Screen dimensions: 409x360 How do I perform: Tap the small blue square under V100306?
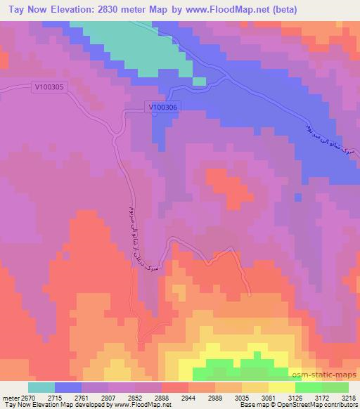point(155,115)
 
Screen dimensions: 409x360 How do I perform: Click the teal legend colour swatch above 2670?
point(41,387)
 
